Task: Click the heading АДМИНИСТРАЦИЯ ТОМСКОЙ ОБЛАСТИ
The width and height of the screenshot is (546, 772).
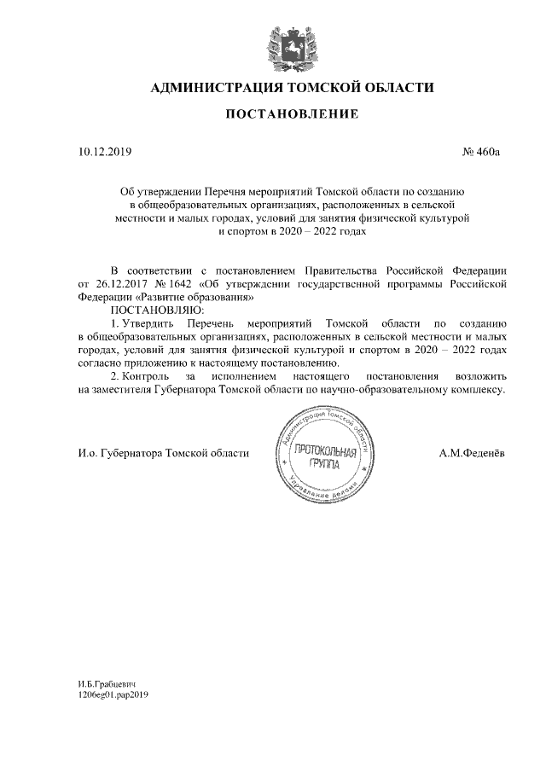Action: (x=292, y=87)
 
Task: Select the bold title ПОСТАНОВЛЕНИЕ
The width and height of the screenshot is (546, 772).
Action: (x=292, y=113)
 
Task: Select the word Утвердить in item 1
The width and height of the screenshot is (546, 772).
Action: (x=149, y=323)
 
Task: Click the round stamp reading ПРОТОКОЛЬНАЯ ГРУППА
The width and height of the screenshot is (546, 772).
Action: (x=323, y=455)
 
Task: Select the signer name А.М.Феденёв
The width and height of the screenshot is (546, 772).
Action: (x=472, y=453)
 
